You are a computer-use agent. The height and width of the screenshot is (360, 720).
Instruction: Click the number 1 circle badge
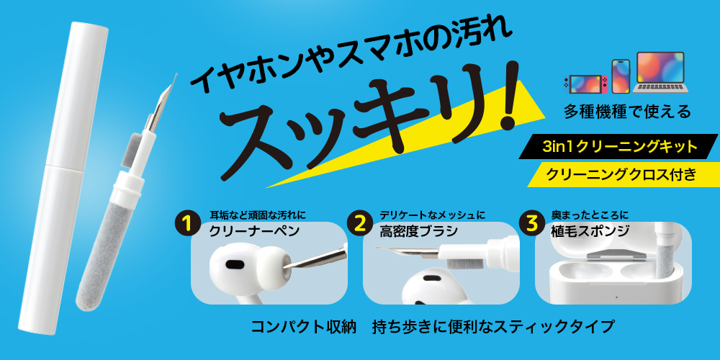point(186,224)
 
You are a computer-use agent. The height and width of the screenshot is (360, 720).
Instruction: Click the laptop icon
point(660,73)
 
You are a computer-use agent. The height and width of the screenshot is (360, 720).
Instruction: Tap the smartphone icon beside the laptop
point(621,76)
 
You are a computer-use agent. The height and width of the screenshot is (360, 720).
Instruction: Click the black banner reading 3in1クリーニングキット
point(619,147)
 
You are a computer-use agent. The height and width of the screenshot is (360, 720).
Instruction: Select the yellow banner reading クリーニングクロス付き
point(622,174)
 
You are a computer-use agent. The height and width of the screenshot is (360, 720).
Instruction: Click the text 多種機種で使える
point(627,112)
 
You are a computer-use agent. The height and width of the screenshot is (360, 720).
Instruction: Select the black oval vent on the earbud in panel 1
point(235,265)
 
